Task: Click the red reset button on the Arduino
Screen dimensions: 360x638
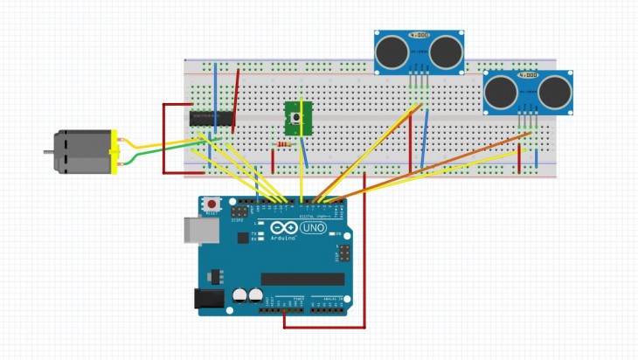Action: [211, 205]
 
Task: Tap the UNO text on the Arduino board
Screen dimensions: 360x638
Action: [312, 229]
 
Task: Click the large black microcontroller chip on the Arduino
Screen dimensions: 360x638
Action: [302, 279]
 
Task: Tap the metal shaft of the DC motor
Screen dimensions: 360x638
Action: [49, 153]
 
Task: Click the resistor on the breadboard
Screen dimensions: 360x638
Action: [281, 143]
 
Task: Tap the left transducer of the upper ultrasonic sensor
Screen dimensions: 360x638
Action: [392, 52]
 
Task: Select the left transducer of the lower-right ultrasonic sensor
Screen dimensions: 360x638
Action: [502, 93]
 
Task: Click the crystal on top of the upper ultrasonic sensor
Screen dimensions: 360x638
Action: [419, 36]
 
